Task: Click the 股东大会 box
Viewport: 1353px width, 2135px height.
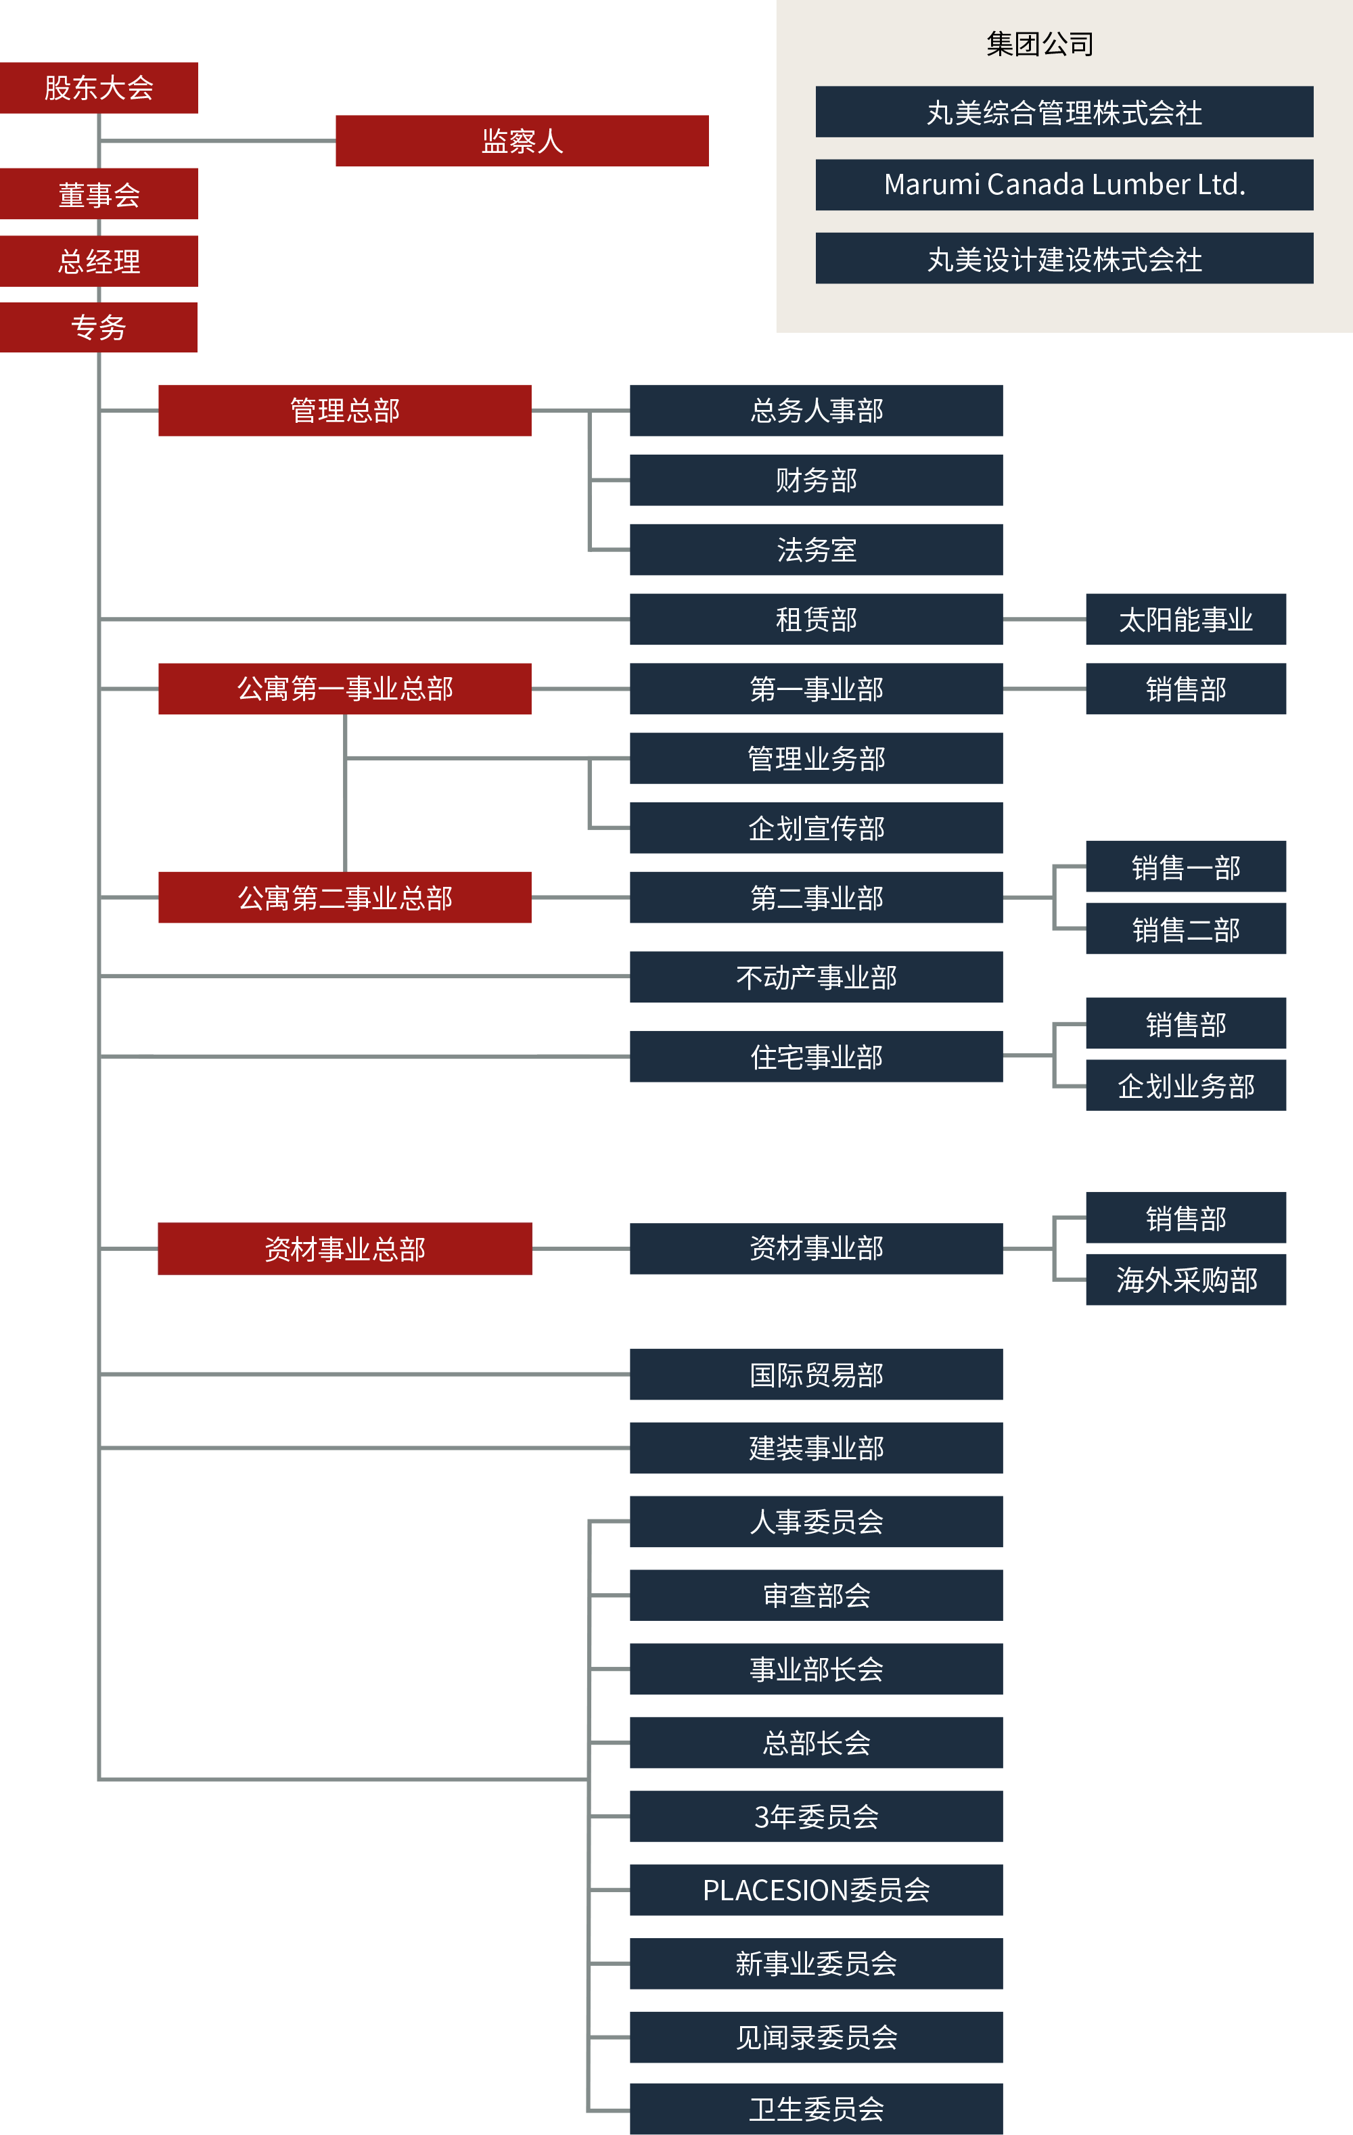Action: pyautogui.click(x=98, y=88)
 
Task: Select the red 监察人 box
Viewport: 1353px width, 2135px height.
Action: pyautogui.click(x=522, y=141)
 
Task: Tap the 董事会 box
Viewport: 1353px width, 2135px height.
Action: pyautogui.click(x=98, y=194)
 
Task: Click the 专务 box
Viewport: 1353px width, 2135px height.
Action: pyautogui.click(x=98, y=327)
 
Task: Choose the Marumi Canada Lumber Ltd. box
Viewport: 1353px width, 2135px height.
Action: pyautogui.click(x=1064, y=185)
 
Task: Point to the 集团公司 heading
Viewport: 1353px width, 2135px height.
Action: pyautogui.click(x=1040, y=43)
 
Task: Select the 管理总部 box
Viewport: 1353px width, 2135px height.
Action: pyautogui.click(x=345, y=411)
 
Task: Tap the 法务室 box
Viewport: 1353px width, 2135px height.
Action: pyautogui.click(x=816, y=550)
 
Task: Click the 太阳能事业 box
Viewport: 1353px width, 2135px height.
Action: pyautogui.click(x=1185, y=619)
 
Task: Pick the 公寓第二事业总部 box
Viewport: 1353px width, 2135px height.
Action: pyautogui.click(x=345, y=897)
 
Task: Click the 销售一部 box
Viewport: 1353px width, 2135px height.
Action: pyautogui.click(x=1185, y=866)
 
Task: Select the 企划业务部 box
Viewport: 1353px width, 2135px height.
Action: pyautogui.click(x=1185, y=1085)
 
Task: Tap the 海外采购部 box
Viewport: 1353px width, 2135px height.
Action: pyautogui.click(x=1185, y=1279)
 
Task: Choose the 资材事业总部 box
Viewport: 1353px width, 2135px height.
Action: pyautogui.click(x=345, y=1248)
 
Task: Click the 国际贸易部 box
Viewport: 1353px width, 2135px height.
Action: pyautogui.click(x=816, y=1374)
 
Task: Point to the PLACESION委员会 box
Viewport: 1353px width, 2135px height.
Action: pyautogui.click(x=816, y=1889)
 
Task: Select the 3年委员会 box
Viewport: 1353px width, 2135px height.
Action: pyautogui.click(x=816, y=1816)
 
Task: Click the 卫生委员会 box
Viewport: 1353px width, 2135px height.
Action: pyautogui.click(x=816, y=2109)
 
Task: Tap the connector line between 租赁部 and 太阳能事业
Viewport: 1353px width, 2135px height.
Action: pyautogui.click(x=1045, y=619)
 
